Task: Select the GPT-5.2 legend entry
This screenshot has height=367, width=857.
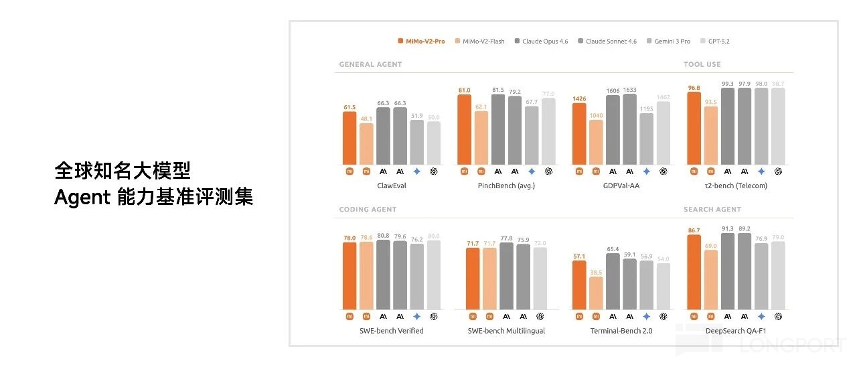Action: click(x=717, y=42)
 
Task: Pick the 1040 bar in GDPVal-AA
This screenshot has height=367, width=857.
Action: click(x=596, y=142)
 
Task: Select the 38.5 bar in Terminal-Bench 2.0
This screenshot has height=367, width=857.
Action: click(x=596, y=293)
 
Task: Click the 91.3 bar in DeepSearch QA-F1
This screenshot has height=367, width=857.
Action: click(x=727, y=271)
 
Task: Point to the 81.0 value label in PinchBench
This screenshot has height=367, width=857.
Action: click(x=464, y=90)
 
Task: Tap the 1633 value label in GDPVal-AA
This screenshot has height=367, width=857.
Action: click(x=629, y=90)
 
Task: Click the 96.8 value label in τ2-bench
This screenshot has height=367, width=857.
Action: click(x=694, y=88)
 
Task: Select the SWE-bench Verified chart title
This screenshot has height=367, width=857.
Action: click(x=391, y=331)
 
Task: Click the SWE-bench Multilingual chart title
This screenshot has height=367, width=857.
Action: click(x=506, y=331)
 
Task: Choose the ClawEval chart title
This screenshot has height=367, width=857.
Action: click(x=391, y=186)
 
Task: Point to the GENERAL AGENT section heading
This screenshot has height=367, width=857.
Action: click(x=370, y=64)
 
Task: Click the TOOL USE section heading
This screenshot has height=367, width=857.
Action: click(x=702, y=64)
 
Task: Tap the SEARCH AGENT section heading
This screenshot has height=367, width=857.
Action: click(x=712, y=210)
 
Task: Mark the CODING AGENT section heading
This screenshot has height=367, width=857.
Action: click(x=368, y=210)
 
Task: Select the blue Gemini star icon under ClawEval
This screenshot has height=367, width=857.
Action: click(x=416, y=171)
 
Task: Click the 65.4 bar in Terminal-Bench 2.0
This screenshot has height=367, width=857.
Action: click(x=613, y=281)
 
